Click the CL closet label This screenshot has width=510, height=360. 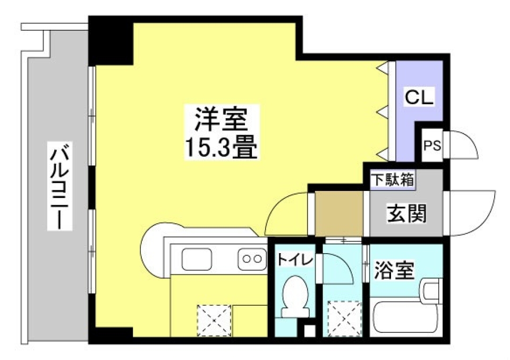[419, 97]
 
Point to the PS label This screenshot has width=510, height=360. [431, 145]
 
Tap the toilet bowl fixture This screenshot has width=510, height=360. [294, 295]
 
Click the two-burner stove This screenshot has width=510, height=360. [252, 259]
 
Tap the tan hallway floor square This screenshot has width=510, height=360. [339, 213]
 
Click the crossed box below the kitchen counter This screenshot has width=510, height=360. [215, 319]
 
